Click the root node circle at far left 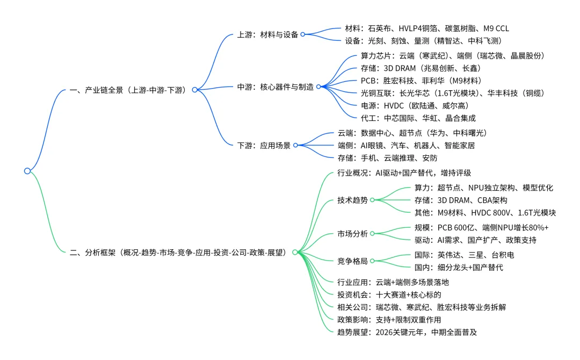[x=27, y=171]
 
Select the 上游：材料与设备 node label [x=268, y=34]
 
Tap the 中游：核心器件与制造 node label [x=275, y=87]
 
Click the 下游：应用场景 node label [x=264, y=145]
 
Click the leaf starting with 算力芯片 [x=453, y=56]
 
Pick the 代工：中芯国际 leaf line [x=418, y=118]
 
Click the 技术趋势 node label [x=352, y=200]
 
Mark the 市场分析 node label [x=352, y=233]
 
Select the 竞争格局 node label [x=352, y=261]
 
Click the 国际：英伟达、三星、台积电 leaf [x=464, y=255]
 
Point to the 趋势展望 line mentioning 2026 [x=407, y=332]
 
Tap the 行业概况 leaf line [x=404, y=173]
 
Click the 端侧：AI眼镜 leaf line [x=406, y=145]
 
